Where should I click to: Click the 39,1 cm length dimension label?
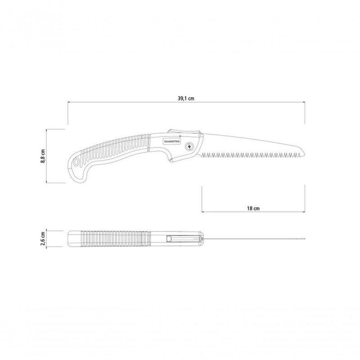tap(186, 99)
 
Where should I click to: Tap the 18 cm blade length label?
tap(253, 208)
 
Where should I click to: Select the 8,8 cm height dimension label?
tap(43, 156)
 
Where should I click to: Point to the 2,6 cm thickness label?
tap(43, 238)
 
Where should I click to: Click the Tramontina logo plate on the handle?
tap(172, 141)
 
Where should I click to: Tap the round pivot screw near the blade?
tap(189, 146)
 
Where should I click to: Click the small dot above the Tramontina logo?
tap(180, 136)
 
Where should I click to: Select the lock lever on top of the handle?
tap(184, 131)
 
